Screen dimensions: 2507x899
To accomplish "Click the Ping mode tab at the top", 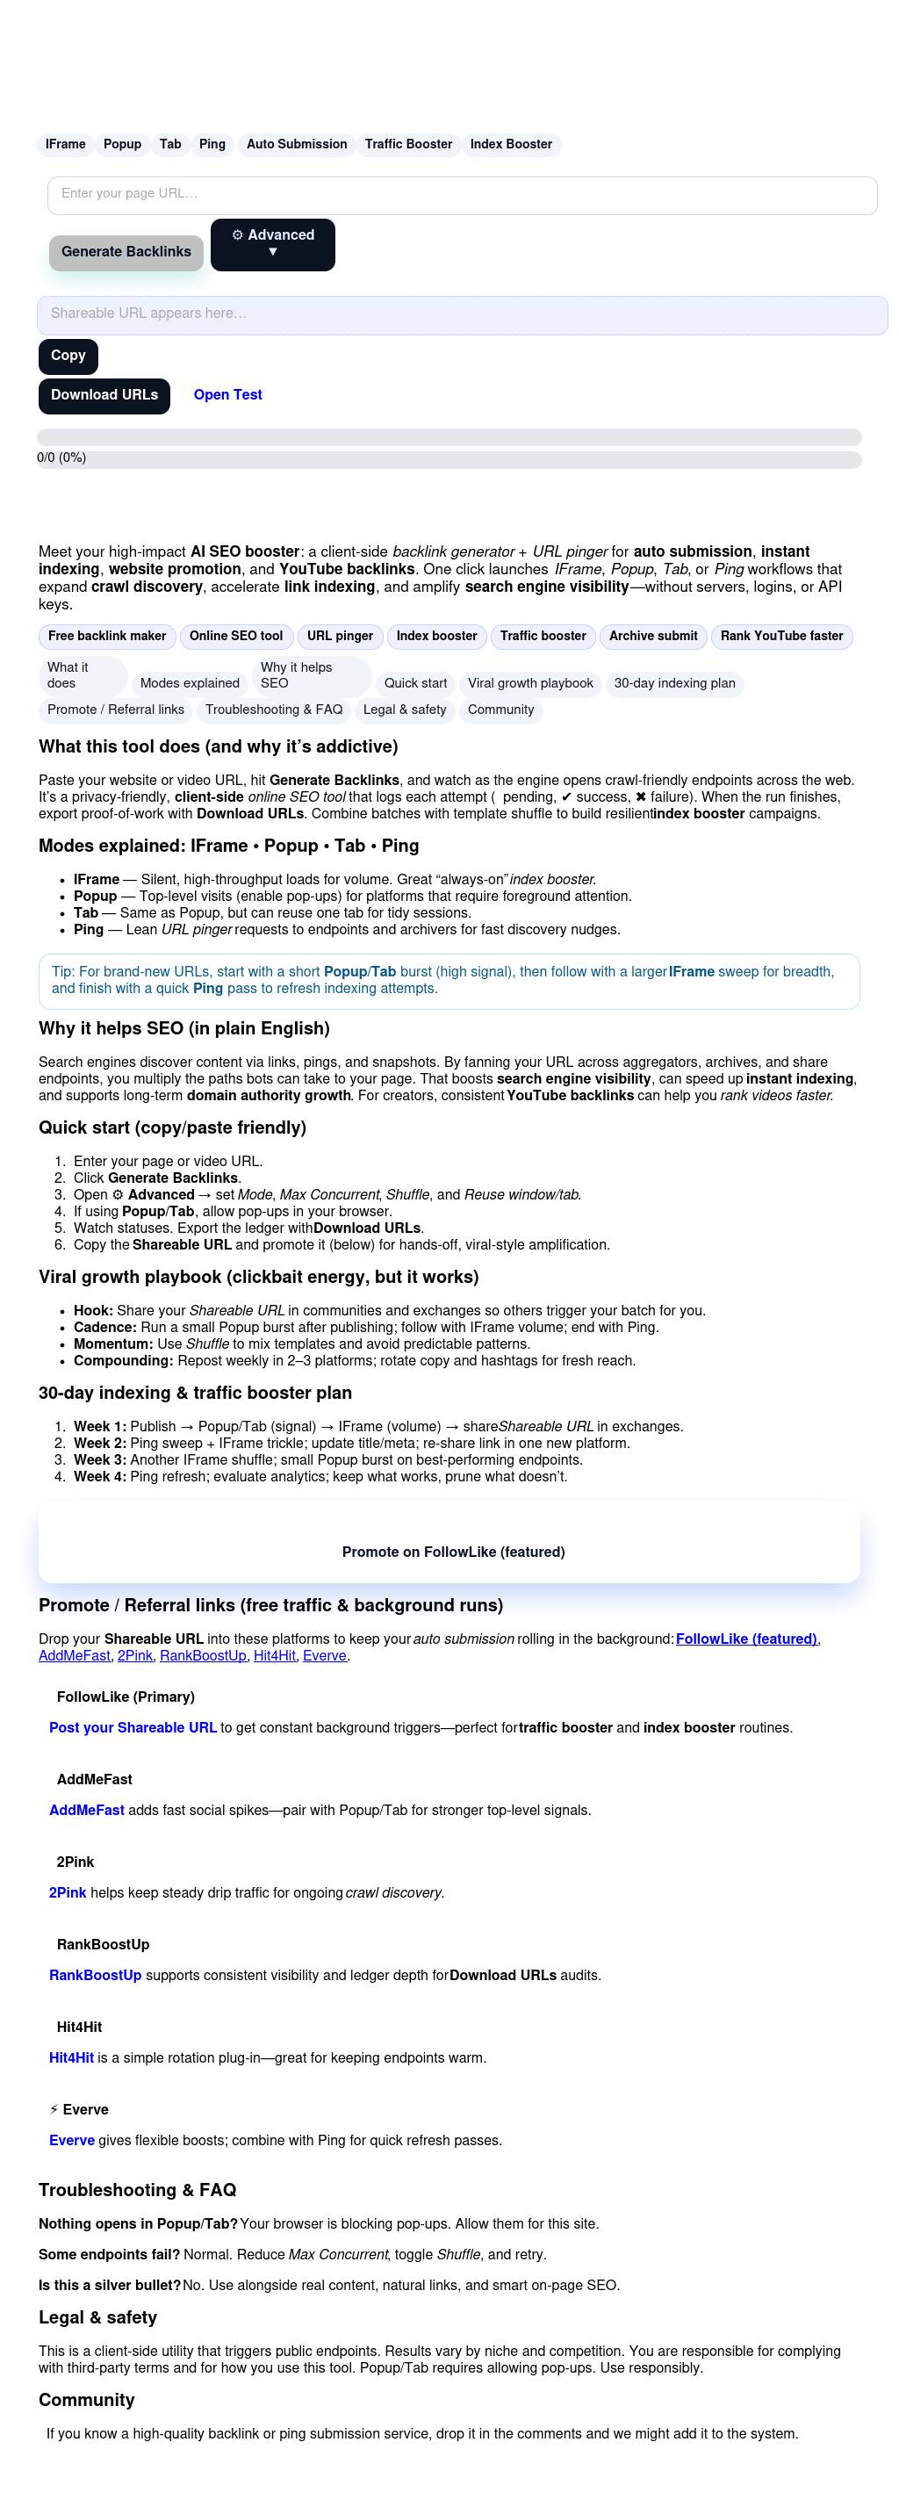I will coord(212,144).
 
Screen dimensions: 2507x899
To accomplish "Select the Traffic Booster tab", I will coord(408,144).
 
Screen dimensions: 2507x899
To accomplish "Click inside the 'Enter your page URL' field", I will coord(462,195).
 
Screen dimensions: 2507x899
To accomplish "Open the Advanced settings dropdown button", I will coord(272,243).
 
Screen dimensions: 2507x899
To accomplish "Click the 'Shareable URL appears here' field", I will coord(462,314).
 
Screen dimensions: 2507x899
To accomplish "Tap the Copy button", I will coord(68,357).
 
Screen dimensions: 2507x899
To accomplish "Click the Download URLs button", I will coord(104,395).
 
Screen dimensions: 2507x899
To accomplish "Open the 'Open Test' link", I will coord(227,395).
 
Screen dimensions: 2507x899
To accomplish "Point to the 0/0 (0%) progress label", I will coord(61,457).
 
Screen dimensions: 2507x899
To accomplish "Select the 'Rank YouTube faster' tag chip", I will coord(781,637).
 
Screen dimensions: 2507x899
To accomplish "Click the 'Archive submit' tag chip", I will coord(653,637).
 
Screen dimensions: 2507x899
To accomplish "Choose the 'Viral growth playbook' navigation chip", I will coord(530,683).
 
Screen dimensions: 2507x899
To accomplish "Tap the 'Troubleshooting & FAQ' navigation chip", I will coord(273,710).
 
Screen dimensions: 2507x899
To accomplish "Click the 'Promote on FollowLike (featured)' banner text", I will coord(453,1552).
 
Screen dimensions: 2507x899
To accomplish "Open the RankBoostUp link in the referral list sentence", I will coord(203,1655).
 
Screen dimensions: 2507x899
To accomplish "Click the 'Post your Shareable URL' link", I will coord(133,1727).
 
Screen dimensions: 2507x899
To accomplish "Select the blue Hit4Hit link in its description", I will coord(71,2057).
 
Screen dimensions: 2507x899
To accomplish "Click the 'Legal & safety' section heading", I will coord(97,2317).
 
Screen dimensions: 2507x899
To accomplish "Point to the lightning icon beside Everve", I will coord(54,2110).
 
